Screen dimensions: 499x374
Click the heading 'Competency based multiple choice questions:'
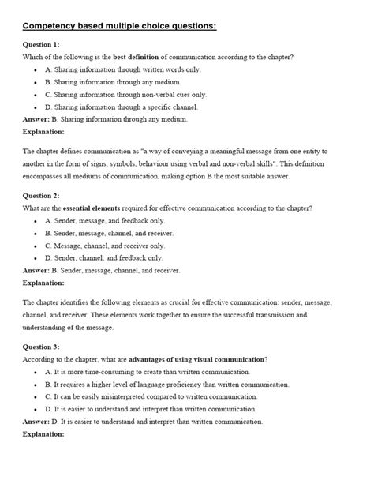(118, 27)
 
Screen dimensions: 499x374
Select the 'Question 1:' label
(41, 45)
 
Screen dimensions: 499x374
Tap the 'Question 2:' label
(41, 195)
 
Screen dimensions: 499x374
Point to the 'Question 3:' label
(41, 347)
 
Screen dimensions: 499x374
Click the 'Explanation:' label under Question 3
(44, 434)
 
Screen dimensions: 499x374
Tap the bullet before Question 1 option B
(36, 82)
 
